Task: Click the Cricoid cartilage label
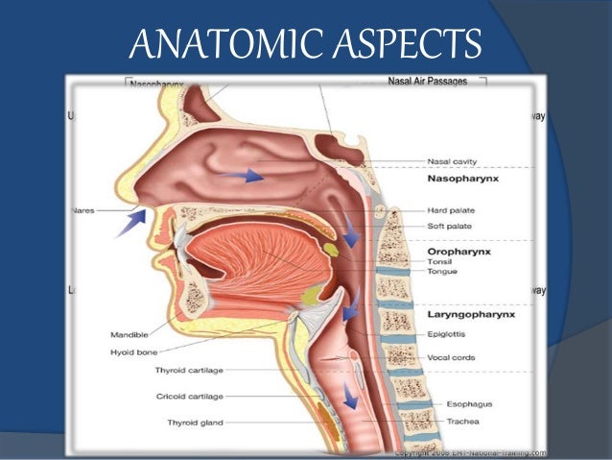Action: [x=190, y=395]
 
